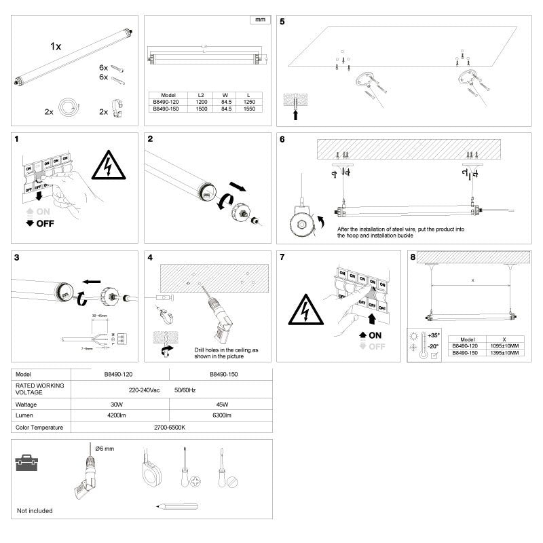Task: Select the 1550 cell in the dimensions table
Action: click(251, 109)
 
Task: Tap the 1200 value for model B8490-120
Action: click(201, 102)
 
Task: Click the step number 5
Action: click(282, 22)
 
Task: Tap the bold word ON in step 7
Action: click(375, 335)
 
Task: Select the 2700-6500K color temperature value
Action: click(170, 428)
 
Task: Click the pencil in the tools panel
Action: click(176, 506)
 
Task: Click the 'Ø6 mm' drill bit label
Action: click(105, 449)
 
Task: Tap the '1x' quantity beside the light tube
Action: click(56, 47)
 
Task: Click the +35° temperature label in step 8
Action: click(434, 336)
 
